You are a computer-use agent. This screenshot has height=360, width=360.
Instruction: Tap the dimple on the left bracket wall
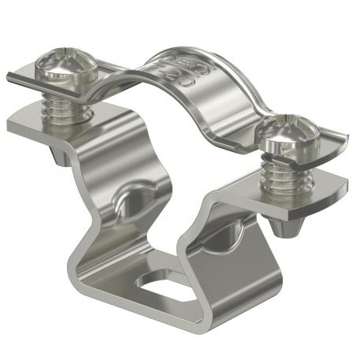[130, 196]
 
